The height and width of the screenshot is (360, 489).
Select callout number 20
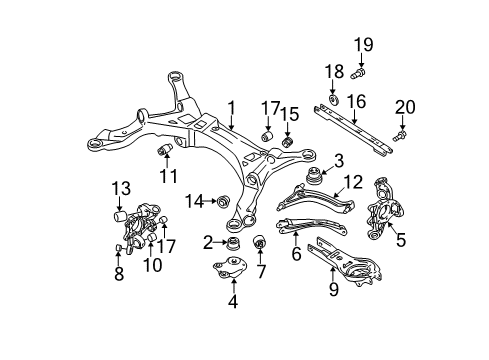click(403, 106)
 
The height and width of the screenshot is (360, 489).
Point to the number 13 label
click(120, 187)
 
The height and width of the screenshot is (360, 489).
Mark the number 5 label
click(400, 239)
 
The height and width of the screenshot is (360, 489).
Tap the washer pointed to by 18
click(330, 98)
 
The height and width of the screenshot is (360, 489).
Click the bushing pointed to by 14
click(225, 202)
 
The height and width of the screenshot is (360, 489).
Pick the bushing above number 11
click(165, 150)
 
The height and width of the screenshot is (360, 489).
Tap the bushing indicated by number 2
click(234, 244)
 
